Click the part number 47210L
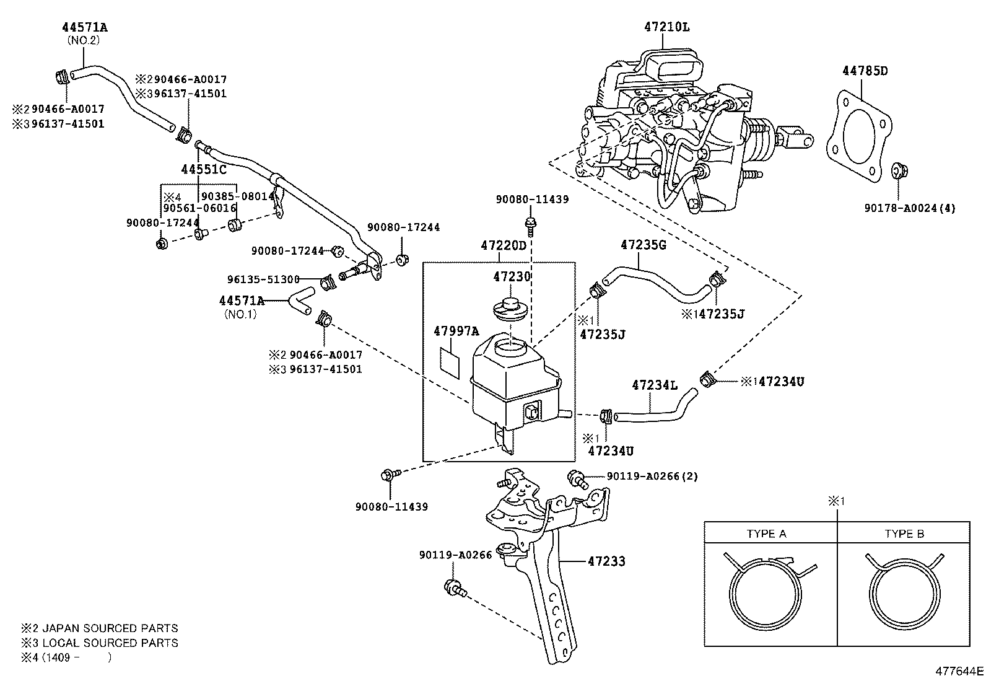(666, 27)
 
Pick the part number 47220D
(503, 246)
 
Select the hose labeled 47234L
(650, 408)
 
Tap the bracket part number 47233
(606, 561)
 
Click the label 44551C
(204, 169)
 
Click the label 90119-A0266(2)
(652, 477)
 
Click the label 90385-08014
(238, 196)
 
